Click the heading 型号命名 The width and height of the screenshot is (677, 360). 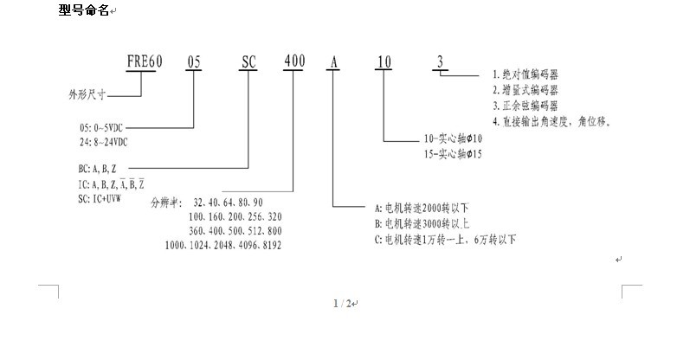point(84,11)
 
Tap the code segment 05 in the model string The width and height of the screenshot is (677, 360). point(196,62)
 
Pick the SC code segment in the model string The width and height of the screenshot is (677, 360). point(248,62)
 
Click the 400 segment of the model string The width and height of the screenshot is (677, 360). point(293,62)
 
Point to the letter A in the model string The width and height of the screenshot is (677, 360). point(334,62)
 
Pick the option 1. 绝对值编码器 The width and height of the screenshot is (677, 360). point(525,75)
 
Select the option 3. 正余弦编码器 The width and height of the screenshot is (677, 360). point(525,106)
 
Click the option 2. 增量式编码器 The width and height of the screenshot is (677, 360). point(525,90)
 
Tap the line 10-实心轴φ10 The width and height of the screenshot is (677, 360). point(452,138)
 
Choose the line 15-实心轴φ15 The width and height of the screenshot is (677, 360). point(452,154)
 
